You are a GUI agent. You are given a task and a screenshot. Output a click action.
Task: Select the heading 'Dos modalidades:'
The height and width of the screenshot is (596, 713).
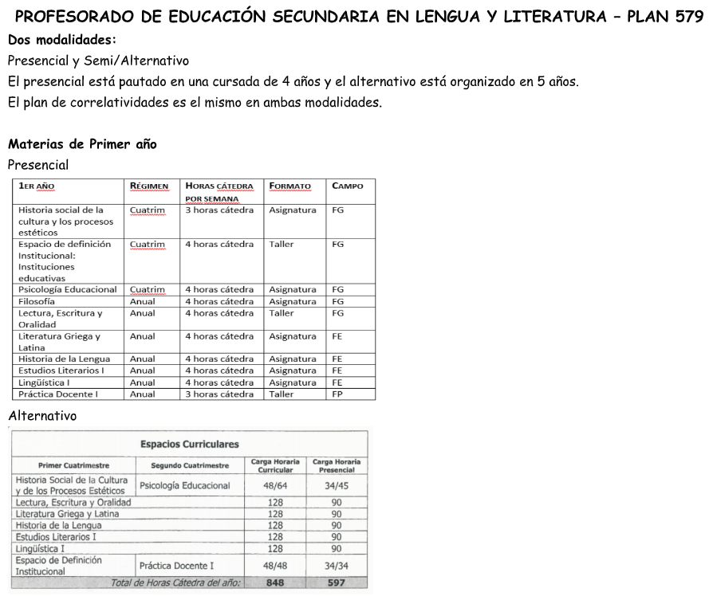61,40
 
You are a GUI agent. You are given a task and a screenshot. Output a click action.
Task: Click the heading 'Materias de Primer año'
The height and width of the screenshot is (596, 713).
82,144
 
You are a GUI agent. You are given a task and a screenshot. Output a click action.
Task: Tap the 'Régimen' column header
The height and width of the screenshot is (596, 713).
149,186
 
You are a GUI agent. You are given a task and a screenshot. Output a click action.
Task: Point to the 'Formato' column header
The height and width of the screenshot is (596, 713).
290,186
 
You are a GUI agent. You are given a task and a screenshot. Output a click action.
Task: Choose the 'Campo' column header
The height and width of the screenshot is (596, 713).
347,186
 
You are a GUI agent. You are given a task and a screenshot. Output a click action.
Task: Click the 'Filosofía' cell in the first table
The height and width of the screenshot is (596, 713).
37,302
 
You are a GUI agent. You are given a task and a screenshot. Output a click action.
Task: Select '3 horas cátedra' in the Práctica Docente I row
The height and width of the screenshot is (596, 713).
219,394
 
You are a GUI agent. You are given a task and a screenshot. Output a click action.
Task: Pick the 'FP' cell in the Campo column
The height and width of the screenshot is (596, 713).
337,394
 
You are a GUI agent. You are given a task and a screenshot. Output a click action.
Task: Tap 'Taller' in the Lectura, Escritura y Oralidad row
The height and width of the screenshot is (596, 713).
282,313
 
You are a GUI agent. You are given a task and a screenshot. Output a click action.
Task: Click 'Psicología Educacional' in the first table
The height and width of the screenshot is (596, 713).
68,290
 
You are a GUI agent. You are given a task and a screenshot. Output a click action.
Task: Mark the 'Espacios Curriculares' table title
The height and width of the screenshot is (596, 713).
189,444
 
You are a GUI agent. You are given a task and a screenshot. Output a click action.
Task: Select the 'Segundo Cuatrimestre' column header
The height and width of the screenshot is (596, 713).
190,465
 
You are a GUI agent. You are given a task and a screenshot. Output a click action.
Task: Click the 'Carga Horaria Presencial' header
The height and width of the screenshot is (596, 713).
336,465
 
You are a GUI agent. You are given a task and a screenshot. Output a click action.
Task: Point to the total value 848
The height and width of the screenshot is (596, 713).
275,582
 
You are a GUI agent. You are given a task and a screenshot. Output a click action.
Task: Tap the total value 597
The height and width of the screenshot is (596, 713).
336,582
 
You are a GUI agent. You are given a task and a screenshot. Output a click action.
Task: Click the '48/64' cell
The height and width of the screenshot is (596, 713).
275,485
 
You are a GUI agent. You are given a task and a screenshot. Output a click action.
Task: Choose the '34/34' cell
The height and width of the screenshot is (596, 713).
336,566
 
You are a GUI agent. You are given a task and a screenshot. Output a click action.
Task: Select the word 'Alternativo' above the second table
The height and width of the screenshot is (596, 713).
42,416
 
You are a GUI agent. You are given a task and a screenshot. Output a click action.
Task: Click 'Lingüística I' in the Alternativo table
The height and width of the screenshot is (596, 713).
40,548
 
